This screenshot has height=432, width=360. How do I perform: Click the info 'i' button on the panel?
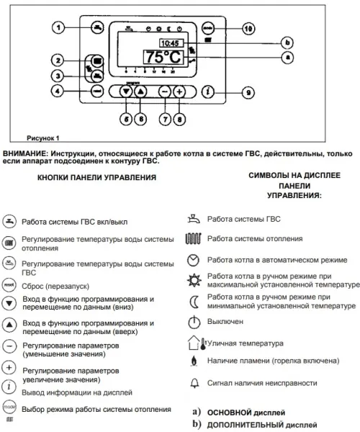pyautogui.click(x=208, y=91)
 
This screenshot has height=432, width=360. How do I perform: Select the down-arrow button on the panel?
pyautogui.click(x=127, y=91)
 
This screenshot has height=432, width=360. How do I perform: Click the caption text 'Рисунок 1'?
pyautogui.click(x=43, y=137)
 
